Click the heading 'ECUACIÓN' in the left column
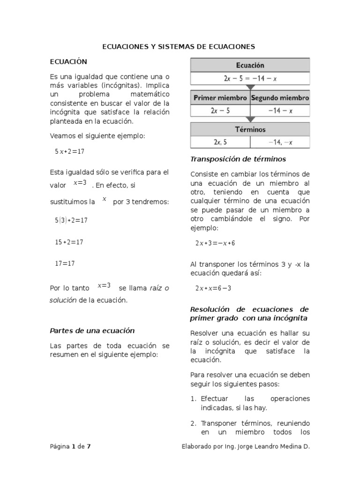click(x=68, y=61)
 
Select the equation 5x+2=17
click(x=69, y=151)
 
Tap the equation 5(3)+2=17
click(x=71, y=219)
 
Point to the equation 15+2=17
click(x=69, y=242)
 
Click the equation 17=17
click(x=65, y=263)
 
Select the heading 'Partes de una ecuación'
click(x=92, y=330)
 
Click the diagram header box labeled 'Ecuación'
click(x=250, y=65)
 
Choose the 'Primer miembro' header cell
click(x=220, y=98)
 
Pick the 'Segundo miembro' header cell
click(x=280, y=98)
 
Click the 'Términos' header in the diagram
click(x=250, y=129)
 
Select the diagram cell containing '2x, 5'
click(x=220, y=142)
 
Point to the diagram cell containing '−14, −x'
click(x=280, y=142)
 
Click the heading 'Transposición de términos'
click(x=238, y=159)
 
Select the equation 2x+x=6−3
click(x=213, y=288)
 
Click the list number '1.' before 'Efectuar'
click(x=194, y=398)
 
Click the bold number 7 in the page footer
click(x=89, y=446)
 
